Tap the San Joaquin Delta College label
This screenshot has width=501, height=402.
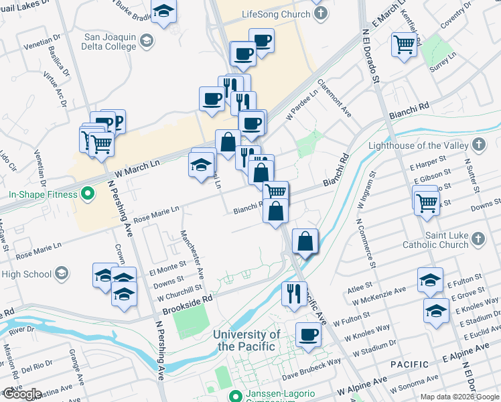tap(111, 42)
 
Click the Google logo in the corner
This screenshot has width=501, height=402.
tap(21, 394)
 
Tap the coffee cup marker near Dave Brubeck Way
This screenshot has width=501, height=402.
tap(308, 334)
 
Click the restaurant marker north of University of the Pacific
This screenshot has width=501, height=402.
tap(293, 292)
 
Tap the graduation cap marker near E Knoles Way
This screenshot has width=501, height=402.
tap(436, 310)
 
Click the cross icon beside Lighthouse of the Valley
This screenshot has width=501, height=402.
tap(478, 145)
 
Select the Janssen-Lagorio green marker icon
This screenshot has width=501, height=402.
tap(234, 395)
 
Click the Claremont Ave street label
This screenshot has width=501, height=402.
tap(334, 98)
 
